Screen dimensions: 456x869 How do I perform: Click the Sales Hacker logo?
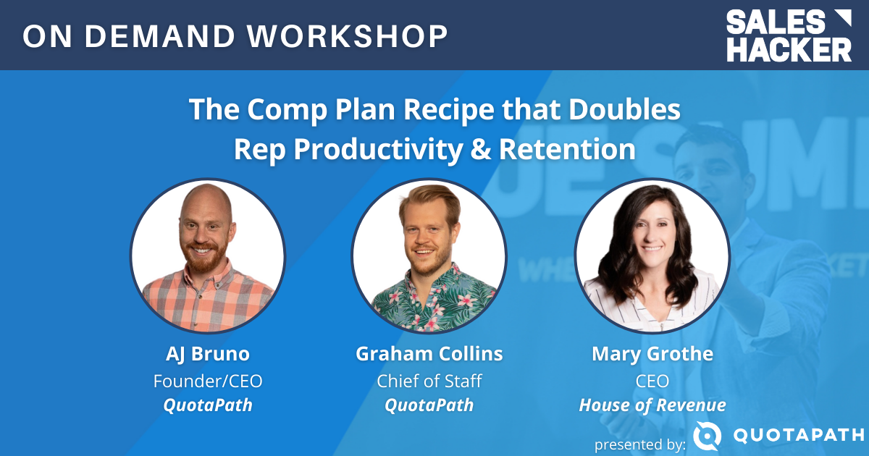[789, 35]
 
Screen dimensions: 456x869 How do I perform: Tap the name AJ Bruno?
[207, 354]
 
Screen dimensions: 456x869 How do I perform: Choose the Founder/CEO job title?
[207, 380]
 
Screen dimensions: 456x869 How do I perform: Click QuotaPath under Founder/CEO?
[207, 405]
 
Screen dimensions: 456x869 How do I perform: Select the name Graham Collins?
[429, 354]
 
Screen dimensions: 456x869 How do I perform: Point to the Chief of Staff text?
[429, 380]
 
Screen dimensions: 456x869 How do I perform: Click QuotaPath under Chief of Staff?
[429, 405]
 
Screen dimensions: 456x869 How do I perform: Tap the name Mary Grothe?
[652, 354]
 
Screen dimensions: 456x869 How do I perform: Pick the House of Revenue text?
[652, 405]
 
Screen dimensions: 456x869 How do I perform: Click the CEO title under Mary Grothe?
[652, 380]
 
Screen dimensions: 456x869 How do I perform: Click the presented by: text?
[639, 444]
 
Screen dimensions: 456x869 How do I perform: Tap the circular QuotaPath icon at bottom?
[707, 436]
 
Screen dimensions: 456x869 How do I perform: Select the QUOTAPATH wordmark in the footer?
[799, 436]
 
